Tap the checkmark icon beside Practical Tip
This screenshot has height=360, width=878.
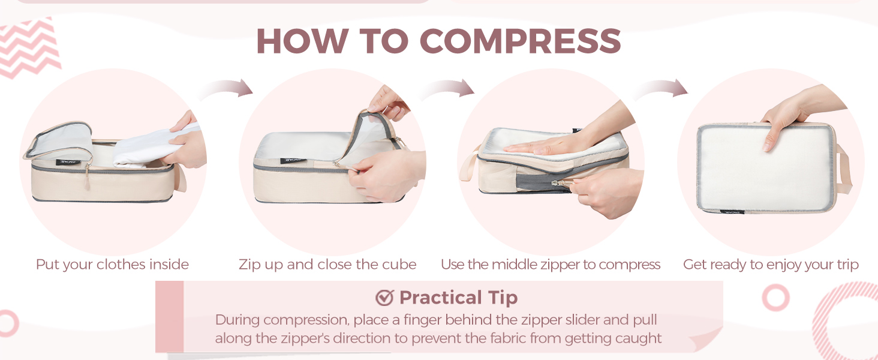click(384, 298)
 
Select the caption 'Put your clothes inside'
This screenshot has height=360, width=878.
click(113, 265)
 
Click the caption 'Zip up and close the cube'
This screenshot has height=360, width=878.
click(327, 265)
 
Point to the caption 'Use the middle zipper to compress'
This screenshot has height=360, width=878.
click(551, 265)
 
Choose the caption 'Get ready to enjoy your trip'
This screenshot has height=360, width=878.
click(771, 265)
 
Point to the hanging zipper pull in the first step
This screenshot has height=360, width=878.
click(88, 177)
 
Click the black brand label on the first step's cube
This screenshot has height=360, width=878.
click(68, 161)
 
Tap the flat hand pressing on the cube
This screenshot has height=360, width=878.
click(549, 145)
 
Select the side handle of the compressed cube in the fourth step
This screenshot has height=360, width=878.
click(843, 169)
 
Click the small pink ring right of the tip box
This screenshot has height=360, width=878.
click(775, 298)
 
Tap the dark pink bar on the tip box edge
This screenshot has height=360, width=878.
click(169, 316)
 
